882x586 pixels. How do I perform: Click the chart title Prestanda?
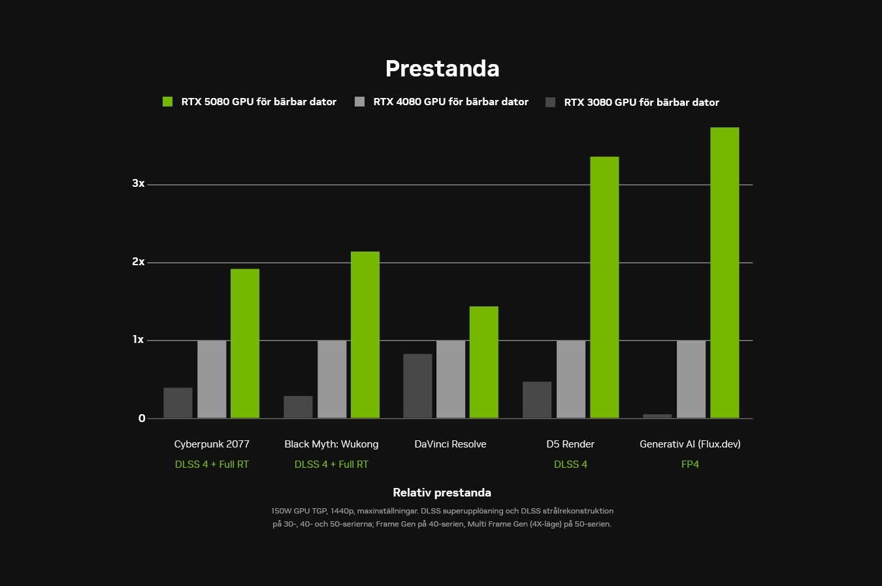click(442, 69)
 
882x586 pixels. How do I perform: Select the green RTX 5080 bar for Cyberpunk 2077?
click(245, 343)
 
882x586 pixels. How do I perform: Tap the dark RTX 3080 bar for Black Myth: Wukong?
click(298, 407)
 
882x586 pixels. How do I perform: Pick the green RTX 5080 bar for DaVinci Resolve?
click(483, 362)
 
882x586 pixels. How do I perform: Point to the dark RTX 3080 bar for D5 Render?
click(537, 400)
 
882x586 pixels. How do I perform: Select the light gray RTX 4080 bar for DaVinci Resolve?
click(451, 379)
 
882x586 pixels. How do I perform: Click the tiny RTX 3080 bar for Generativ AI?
click(657, 416)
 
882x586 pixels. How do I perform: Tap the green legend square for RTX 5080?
click(168, 101)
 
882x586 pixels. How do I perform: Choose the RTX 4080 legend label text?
click(451, 102)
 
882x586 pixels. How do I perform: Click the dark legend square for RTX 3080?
click(551, 102)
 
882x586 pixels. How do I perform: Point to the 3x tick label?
click(139, 184)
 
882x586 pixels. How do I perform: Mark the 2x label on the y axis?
click(139, 262)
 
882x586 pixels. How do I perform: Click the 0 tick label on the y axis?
click(142, 419)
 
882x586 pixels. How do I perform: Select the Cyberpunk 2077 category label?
click(212, 444)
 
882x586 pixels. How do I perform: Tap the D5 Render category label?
click(570, 444)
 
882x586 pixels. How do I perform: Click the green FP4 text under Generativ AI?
click(690, 464)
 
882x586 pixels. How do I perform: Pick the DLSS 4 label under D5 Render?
click(570, 464)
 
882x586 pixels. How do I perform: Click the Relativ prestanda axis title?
click(442, 493)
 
